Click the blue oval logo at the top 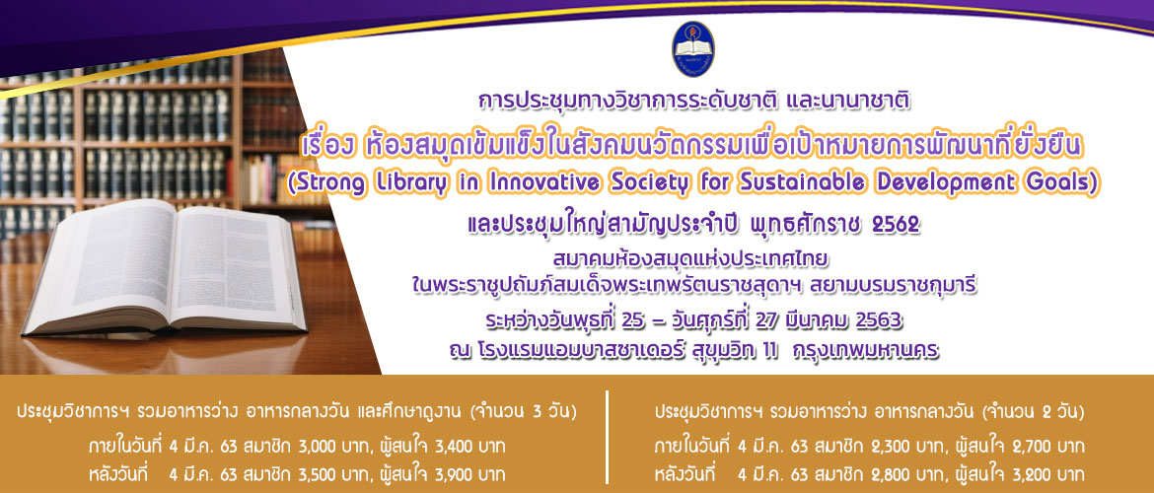tap(692, 48)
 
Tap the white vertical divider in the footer tap(608, 437)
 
